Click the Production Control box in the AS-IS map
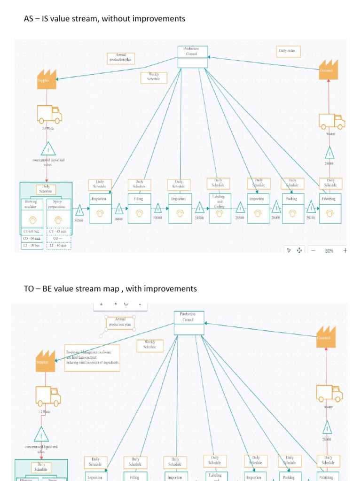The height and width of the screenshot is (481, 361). (x=192, y=56)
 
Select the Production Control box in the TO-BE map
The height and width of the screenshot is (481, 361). (x=189, y=323)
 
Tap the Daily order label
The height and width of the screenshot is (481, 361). (x=288, y=51)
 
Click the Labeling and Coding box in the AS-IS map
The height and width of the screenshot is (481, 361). (x=219, y=207)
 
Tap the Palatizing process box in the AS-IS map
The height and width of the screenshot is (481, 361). (x=330, y=207)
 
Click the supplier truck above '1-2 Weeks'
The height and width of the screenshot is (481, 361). (x=48, y=396)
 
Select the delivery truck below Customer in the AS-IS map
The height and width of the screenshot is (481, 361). (x=331, y=121)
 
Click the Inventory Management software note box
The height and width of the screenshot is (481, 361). (x=92, y=357)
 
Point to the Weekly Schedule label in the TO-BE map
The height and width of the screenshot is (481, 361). (x=150, y=346)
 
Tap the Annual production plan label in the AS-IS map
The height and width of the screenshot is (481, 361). (x=121, y=58)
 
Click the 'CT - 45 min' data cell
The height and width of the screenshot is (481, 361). (x=59, y=232)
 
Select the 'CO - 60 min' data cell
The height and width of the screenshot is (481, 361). (x=33, y=238)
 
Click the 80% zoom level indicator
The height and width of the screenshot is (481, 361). (x=329, y=251)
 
